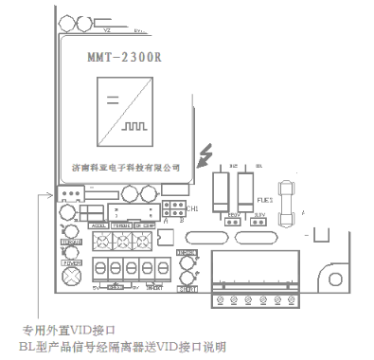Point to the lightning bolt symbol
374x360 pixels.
(x=206, y=153)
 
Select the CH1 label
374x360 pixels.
(x=191, y=208)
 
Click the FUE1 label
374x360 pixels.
(x=265, y=200)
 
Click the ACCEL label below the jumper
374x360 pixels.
(x=98, y=226)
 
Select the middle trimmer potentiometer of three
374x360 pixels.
(x=120, y=243)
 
